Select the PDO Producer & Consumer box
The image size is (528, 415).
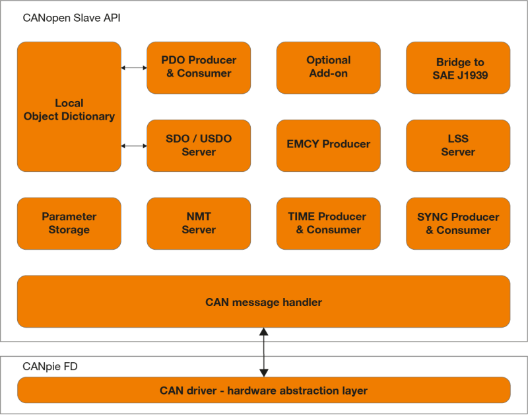pyautogui.click(x=199, y=67)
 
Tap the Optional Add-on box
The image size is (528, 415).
pyautogui.click(x=328, y=67)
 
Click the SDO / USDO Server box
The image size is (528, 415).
pyautogui.click(x=199, y=145)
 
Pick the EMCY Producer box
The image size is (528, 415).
pyautogui.click(x=328, y=145)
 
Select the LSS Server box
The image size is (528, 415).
pyautogui.click(x=458, y=145)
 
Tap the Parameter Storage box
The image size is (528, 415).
pyautogui.click(x=69, y=223)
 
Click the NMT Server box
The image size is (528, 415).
pyautogui.click(x=199, y=223)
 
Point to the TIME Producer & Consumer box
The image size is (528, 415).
pyautogui.click(x=328, y=223)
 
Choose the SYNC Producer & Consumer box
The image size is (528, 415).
pyautogui.click(x=458, y=223)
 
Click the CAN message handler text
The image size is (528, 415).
pyautogui.click(x=263, y=303)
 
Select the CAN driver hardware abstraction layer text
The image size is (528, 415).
pyautogui.click(x=263, y=391)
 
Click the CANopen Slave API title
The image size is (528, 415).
pyautogui.click(x=71, y=18)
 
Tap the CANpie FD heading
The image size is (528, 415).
pyautogui.click(x=50, y=366)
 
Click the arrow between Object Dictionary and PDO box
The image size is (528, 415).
pyautogui.click(x=134, y=67)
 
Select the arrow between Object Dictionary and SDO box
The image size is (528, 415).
pyautogui.click(x=134, y=145)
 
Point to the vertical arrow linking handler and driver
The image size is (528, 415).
pyautogui.click(x=263, y=352)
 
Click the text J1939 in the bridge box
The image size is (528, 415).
pyautogui.click(x=473, y=75)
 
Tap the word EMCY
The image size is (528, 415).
pyautogui.click(x=302, y=144)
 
